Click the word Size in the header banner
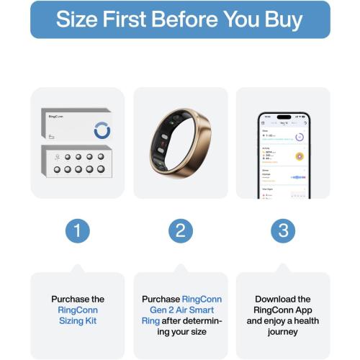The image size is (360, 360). [x=77, y=19]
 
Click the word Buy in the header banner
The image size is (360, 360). [x=282, y=19]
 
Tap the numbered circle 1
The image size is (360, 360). [x=77, y=230]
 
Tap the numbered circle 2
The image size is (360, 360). [x=180, y=230]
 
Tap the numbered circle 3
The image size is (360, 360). [x=283, y=230]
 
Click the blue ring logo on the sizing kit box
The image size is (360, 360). [x=102, y=130]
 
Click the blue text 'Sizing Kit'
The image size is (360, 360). [x=77, y=320]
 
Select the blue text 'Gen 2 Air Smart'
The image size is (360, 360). [x=180, y=310]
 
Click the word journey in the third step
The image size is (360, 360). [x=283, y=331]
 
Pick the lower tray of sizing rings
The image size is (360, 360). [x=77, y=163]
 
